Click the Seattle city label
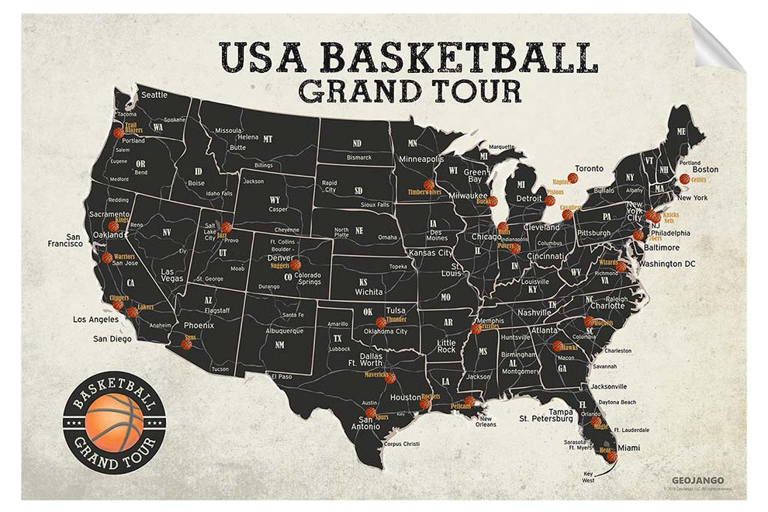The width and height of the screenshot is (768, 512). point(154,95)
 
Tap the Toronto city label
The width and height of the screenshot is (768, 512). point(589,168)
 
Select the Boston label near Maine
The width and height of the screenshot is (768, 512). point(705,169)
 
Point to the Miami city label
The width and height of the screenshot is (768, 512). point(628,448)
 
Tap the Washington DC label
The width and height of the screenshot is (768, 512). point(666,264)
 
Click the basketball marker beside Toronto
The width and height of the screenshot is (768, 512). point(573,178)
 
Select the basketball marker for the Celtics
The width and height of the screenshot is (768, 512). point(684,179)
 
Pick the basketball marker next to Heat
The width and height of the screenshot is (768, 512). point(611,456)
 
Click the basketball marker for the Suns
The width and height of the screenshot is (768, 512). point(186,344)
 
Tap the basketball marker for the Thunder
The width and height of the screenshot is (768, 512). point(380,322)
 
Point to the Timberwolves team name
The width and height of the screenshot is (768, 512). point(424,191)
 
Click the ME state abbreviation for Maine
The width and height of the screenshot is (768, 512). point(681,132)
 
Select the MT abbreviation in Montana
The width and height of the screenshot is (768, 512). point(268,139)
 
